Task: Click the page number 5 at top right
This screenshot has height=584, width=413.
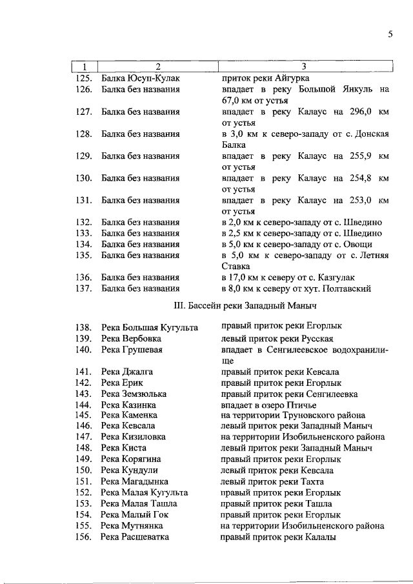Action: (390, 35)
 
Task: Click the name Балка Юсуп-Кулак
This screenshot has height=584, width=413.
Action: (140, 78)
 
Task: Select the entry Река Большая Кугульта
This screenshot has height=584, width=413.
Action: (150, 327)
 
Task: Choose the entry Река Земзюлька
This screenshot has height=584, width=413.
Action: (134, 394)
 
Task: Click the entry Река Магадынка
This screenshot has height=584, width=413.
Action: (135, 481)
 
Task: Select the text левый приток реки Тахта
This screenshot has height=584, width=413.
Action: (272, 481)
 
